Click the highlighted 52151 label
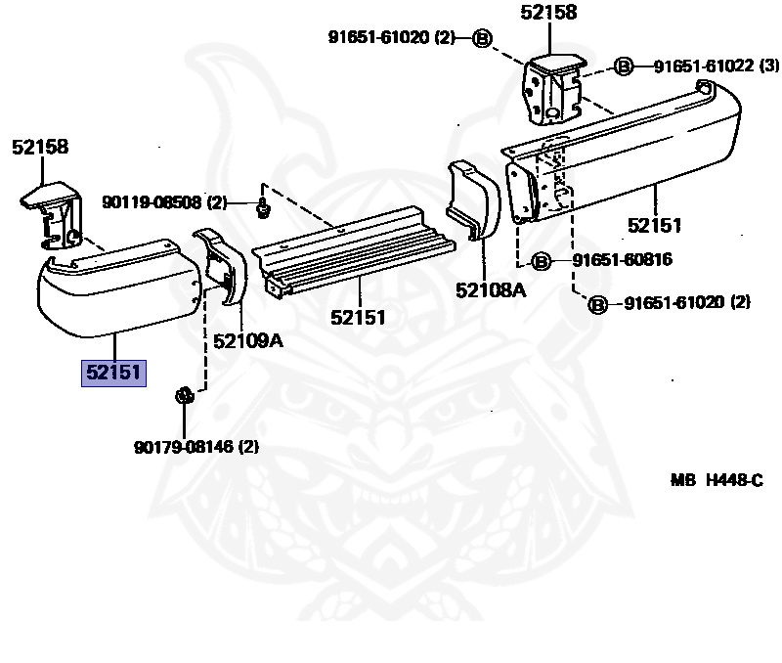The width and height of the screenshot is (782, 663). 113,373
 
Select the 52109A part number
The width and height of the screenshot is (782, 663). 247,340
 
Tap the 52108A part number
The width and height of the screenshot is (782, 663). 489,289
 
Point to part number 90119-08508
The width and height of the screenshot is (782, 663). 152,203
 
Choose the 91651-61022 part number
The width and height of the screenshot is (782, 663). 703,66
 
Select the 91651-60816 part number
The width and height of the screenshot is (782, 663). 623,260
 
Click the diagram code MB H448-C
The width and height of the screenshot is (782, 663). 716,480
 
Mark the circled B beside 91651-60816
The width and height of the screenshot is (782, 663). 543,261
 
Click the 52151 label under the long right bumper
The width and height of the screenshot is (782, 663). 654,226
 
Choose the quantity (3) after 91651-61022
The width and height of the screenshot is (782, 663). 769,66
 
